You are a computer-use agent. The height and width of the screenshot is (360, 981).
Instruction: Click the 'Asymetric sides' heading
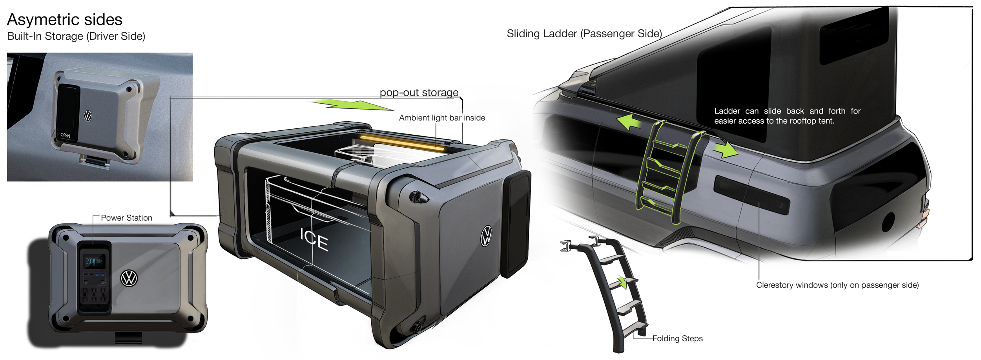pyautogui.click(x=65, y=20)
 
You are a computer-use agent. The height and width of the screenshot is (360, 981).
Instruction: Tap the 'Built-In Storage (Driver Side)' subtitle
pyautogui.click(x=76, y=36)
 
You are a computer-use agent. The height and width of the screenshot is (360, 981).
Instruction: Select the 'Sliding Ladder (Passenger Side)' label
pyautogui.click(x=584, y=34)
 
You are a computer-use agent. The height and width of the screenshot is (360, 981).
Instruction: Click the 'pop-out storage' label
pyautogui.click(x=419, y=93)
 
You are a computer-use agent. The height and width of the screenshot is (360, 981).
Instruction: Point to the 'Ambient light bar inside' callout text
pyautogui.click(x=442, y=118)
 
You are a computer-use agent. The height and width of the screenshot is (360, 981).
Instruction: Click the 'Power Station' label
pyautogui.click(x=126, y=218)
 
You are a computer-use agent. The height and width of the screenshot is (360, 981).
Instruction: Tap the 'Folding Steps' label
pyautogui.click(x=677, y=338)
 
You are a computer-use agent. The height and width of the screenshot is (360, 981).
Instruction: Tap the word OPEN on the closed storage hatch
pyautogui.click(x=65, y=135)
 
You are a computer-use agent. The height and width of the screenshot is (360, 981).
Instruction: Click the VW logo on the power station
pyautogui.click(x=129, y=278)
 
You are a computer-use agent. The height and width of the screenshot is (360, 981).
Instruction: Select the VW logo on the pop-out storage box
pyautogui.click(x=486, y=236)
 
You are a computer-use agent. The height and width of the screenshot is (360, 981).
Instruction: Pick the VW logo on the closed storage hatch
pyautogui.click(x=88, y=116)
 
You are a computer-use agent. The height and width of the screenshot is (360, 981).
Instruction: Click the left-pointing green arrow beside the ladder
pyautogui.click(x=629, y=122)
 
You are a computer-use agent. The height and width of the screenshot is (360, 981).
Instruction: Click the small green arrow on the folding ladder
pyautogui.click(x=621, y=282)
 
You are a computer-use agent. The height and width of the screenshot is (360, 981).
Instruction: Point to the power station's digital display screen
pyautogui.click(x=94, y=261)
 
